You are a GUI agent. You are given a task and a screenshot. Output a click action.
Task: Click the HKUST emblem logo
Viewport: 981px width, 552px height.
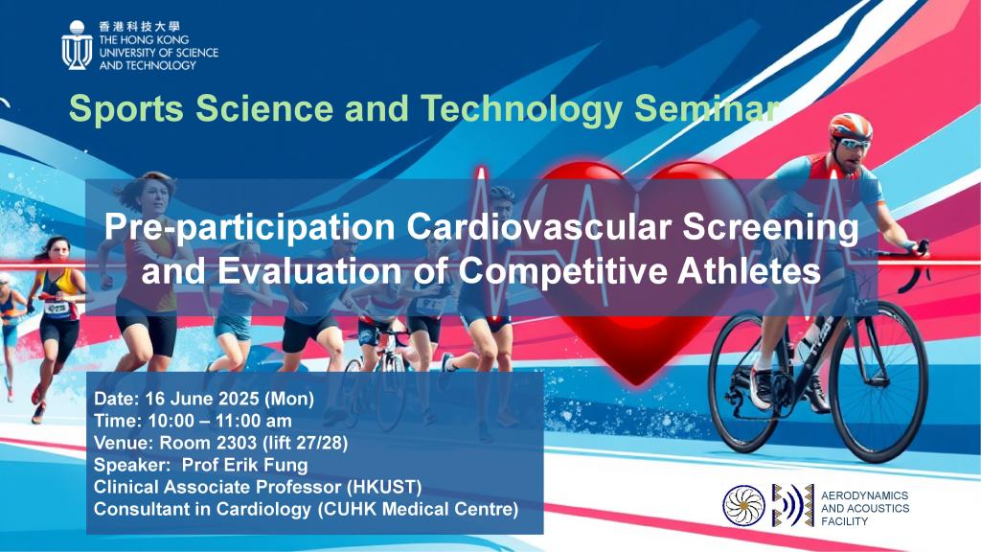tap(77, 45)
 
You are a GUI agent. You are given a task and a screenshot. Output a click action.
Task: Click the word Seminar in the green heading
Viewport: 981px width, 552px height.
tap(707, 108)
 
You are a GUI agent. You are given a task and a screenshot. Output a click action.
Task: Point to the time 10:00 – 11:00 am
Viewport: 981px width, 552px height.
tap(219, 421)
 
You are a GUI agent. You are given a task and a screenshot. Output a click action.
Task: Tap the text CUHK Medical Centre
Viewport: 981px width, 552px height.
tap(418, 509)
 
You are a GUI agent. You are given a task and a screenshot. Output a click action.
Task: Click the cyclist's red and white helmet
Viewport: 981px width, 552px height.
tap(850, 126)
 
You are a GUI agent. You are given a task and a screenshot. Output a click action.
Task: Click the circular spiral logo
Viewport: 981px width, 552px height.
tap(743, 506)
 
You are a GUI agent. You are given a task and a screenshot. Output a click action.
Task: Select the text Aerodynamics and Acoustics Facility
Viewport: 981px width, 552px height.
tap(865, 508)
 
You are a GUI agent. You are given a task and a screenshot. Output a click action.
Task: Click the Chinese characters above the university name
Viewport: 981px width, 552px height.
tap(139, 26)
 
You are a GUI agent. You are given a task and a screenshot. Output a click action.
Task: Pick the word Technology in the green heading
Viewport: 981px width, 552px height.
tap(522, 109)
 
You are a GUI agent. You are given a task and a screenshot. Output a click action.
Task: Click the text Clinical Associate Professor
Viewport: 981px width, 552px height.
tap(217, 487)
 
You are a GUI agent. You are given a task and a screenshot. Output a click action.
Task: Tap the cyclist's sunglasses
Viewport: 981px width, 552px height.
tap(854, 144)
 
